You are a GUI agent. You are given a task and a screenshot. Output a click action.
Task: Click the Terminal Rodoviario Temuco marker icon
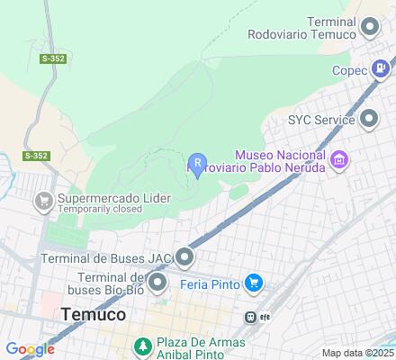point(369,28)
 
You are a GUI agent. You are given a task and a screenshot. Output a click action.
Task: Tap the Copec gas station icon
point(384,68)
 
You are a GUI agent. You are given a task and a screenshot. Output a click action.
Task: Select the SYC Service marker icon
point(369,119)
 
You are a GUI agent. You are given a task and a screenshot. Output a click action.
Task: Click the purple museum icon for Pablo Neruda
point(339,162)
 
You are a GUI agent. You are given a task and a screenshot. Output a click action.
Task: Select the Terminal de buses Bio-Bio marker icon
point(158,284)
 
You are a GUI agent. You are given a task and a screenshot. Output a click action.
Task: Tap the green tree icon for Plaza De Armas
point(142,345)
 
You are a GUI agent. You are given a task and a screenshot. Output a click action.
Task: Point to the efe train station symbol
point(254,317)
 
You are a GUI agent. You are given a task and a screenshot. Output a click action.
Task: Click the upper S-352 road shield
point(52,58)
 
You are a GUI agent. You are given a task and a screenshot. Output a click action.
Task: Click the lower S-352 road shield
point(37,156)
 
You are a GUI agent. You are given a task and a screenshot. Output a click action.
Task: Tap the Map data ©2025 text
point(358,353)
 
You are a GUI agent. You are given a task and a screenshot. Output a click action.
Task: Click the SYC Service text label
point(319,119)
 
